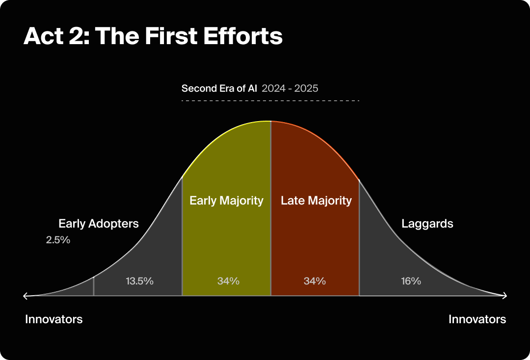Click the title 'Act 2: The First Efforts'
click(153, 36)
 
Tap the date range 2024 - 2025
click(290, 88)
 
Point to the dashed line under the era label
click(270, 101)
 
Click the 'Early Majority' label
click(226, 200)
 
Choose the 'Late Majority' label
click(316, 200)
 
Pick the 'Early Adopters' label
click(99, 224)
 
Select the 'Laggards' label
click(427, 224)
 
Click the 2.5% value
click(58, 240)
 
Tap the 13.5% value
click(139, 281)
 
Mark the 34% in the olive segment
click(228, 281)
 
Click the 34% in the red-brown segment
click(315, 281)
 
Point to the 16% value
click(411, 281)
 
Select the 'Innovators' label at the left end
click(54, 319)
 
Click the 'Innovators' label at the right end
click(477, 319)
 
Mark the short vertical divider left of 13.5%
click(94, 286)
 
